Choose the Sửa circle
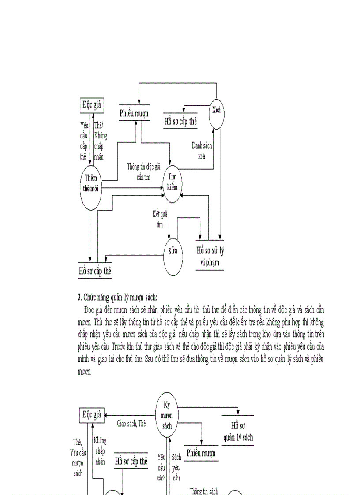coord(173,251)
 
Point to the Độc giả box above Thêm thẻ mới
coord(92,105)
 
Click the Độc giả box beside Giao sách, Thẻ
coord(92,415)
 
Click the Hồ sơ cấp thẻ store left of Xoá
coord(180,122)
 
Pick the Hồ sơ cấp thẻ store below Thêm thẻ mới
coord(95,271)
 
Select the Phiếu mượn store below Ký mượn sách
coord(201,453)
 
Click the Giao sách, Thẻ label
coord(131,424)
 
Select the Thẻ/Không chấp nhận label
coord(101,141)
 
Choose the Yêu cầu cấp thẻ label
coord(83,141)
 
